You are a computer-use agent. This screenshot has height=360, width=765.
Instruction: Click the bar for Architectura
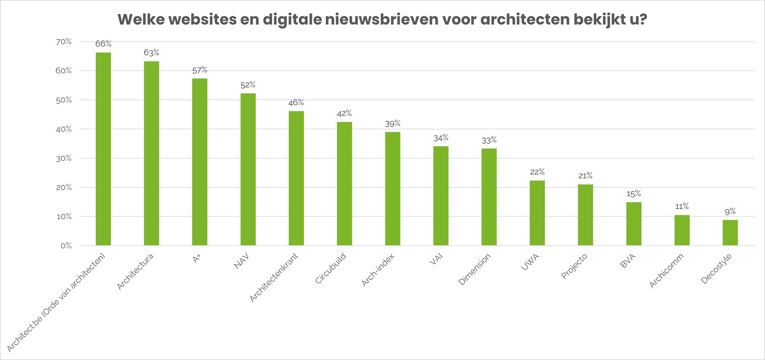(x=151, y=153)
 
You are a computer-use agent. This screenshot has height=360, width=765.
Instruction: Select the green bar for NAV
(x=248, y=169)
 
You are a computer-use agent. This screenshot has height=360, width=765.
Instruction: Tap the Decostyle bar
(x=730, y=233)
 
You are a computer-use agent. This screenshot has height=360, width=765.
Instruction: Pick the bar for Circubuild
(x=344, y=184)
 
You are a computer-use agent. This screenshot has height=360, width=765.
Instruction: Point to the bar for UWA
(x=537, y=213)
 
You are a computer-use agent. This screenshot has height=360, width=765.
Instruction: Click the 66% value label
(x=103, y=43)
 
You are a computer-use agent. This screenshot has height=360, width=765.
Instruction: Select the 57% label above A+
(x=200, y=70)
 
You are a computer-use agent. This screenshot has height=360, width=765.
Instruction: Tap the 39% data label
(x=392, y=123)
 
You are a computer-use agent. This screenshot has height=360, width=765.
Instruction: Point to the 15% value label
(x=634, y=194)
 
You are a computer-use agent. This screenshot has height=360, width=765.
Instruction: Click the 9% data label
(x=730, y=211)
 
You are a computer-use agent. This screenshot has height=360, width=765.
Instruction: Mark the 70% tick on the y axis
(x=64, y=41)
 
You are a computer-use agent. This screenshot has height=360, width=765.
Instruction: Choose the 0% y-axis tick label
(x=66, y=246)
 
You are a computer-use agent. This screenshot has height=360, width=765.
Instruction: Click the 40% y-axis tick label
(x=64, y=129)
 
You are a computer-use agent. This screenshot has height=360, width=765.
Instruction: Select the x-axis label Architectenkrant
(x=274, y=277)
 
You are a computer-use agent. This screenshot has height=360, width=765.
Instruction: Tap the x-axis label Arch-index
(x=378, y=270)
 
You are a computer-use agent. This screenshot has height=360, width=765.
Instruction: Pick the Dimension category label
(x=475, y=270)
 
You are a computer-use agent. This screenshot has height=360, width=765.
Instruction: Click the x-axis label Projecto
(x=574, y=266)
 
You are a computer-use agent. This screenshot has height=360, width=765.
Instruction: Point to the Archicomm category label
(x=667, y=271)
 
